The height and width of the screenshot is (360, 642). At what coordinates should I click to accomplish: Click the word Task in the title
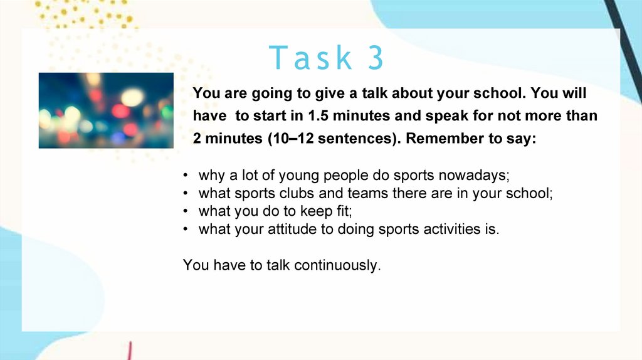point(310,57)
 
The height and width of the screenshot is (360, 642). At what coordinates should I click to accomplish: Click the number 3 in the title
point(376,57)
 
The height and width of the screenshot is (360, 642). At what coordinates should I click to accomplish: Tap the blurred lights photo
point(106,110)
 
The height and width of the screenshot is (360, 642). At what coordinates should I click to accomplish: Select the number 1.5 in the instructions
point(318,116)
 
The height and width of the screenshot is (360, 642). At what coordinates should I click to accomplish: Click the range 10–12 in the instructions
point(293,139)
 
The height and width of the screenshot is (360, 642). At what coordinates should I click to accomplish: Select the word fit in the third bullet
point(344,211)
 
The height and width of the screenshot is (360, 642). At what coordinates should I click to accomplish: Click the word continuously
point(337,265)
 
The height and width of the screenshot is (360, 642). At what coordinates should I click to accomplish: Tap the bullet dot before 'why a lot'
point(186,175)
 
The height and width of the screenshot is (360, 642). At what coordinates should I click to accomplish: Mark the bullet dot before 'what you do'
point(186,211)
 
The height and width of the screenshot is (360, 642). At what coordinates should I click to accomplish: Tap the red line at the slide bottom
point(129,351)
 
